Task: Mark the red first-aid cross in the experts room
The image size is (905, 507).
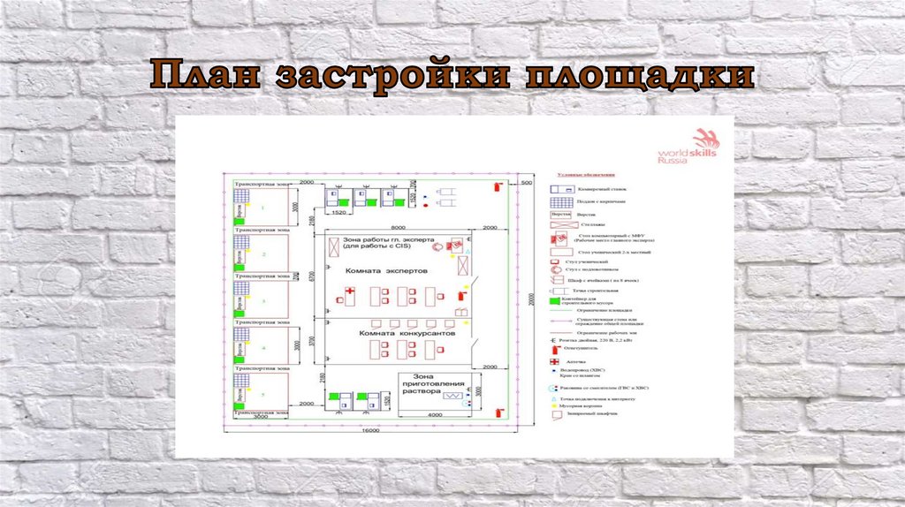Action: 350,291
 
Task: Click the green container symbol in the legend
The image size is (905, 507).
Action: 555,301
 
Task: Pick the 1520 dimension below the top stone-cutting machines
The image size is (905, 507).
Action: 338,213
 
